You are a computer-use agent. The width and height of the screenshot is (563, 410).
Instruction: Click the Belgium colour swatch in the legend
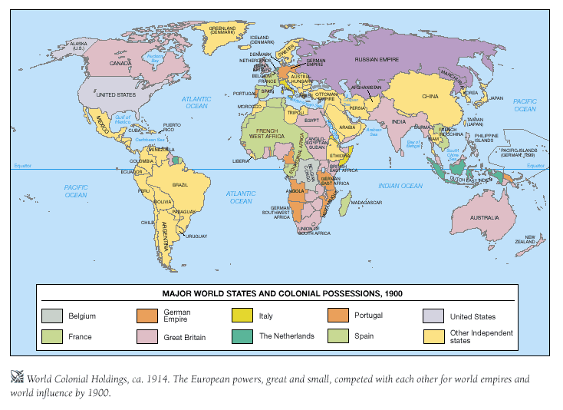[x=51, y=316]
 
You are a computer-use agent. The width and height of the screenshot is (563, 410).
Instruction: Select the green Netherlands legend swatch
[x=242, y=336]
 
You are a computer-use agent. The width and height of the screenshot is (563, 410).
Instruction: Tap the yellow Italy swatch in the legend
[x=242, y=316]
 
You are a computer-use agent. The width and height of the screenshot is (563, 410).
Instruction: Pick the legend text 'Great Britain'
[x=183, y=337]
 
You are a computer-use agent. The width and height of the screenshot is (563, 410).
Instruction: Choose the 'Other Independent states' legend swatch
[x=433, y=336]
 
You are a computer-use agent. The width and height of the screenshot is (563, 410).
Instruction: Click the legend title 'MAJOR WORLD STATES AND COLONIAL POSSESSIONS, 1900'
[x=282, y=293]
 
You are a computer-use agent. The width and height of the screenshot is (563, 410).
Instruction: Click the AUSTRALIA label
[x=485, y=217]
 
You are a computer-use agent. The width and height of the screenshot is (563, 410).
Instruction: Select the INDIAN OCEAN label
[x=400, y=186]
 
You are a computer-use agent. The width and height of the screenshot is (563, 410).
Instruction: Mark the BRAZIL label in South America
[x=181, y=185]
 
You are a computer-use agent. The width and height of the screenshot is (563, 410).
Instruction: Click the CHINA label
[x=430, y=97]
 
